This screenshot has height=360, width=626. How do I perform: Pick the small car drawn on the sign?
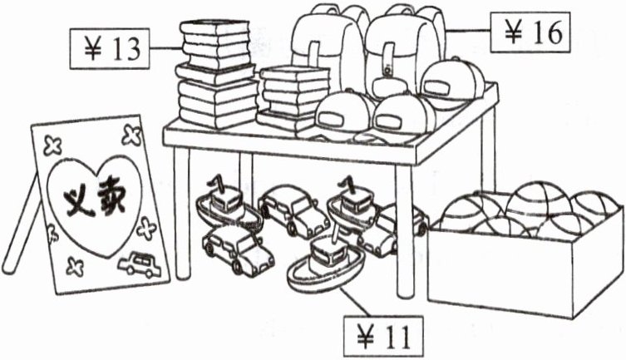pyautogui.click(x=139, y=265)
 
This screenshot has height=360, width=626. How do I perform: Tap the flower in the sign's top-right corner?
pyautogui.click(x=131, y=133)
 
